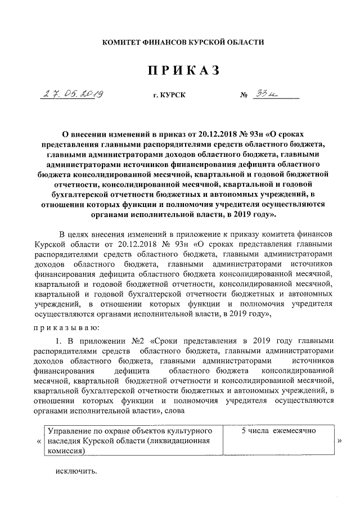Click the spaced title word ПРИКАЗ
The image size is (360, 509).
click(x=182, y=71)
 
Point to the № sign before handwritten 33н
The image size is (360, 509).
click(x=244, y=96)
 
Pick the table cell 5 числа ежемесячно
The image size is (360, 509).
click(x=278, y=430)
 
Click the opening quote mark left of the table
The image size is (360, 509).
click(x=39, y=442)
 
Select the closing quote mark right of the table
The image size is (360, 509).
click(x=339, y=442)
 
